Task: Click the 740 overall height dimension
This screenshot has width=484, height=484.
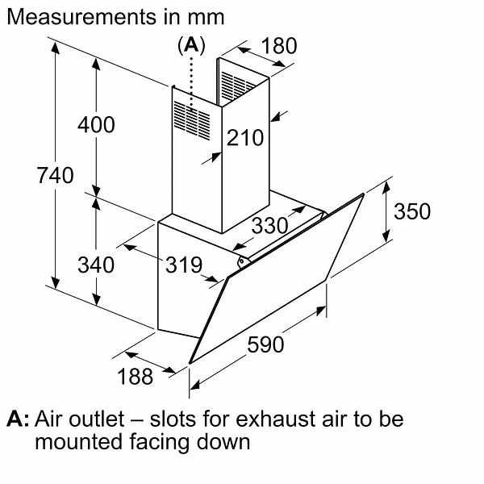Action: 56,175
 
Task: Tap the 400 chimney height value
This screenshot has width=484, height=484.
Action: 96,125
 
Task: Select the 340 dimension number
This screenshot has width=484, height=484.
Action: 96,264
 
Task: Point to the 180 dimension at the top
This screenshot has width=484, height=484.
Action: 280,46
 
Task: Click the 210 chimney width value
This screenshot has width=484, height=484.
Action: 245,138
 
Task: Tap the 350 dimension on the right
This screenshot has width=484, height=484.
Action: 411,211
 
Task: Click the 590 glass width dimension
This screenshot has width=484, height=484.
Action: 265,344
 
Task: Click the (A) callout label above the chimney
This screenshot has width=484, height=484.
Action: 190,46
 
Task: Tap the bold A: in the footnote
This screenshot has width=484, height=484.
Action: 18,419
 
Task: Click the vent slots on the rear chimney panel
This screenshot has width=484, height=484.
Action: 239,83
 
